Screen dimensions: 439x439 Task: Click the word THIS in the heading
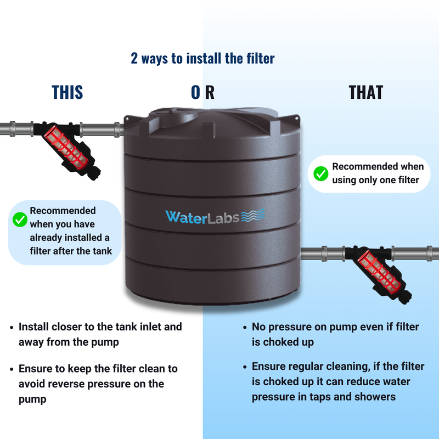pos(67,92)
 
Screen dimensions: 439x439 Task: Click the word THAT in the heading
pos(365,92)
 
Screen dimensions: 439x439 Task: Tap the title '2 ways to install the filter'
pos(202,59)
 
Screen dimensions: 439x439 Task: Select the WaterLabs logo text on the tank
pos(202,217)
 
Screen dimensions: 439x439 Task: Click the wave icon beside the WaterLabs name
pos(253,215)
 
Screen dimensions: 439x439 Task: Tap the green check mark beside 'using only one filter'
pos(321,173)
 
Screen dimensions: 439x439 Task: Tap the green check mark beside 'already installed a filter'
pos(20,219)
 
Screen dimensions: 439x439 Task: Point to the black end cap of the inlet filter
pos(94,172)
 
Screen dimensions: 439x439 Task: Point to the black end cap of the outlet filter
pos(405,297)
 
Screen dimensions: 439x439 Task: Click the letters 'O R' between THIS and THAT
pos(202,92)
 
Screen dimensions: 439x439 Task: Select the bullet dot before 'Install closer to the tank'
pos(12,327)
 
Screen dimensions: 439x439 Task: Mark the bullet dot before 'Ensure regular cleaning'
pos(245,367)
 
